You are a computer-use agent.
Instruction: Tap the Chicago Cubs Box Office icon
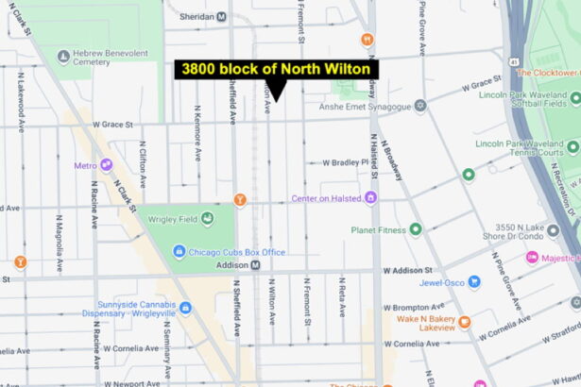pyautogui.click(x=179, y=252)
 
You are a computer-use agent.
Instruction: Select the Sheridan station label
pyautogui.click(x=197, y=16)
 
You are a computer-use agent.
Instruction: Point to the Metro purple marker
pyautogui.click(x=106, y=165)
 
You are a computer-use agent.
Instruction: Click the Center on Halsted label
pyautogui.click(x=327, y=198)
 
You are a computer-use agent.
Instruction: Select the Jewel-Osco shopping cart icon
pyautogui.click(x=474, y=282)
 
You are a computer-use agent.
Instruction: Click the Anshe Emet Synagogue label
pyautogui.click(x=357, y=107)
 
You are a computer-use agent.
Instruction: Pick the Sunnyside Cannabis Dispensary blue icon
pyautogui.click(x=185, y=308)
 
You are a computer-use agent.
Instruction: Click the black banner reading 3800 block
pyautogui.click(x=276, y=70)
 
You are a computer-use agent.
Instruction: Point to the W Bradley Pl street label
pyautogui.click(x=345, y=161)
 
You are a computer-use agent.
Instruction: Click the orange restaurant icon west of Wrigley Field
pyautogui.click(x=21, y=261)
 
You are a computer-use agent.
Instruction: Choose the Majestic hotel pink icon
pyautogui.click(x=533, y=257)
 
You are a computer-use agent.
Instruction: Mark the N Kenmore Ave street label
pyautogui.click(x=197, y=141)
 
